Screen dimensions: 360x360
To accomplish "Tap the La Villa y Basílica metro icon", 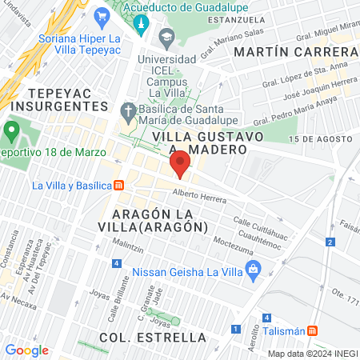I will pyautogui.click(x=119, y=186).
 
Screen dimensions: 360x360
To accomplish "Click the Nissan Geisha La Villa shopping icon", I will pyautogui.click(x=254, y=270).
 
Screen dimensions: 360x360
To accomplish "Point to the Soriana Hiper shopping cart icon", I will pyautogui.click(x=101, y=16).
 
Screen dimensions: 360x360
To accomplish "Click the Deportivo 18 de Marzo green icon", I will pyautogui.click(x=12, y=130).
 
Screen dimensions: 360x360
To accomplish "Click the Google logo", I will pyautogui.click(x=26, y=350).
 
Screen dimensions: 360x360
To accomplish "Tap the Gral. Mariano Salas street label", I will pyautogui.click(x=221, y=39).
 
